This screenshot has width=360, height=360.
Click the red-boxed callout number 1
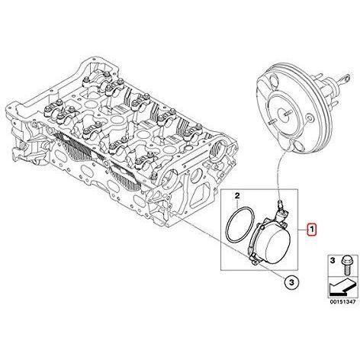point(311,230)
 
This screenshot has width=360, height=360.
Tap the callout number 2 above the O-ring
point(237,196)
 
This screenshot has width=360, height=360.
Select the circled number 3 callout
point(291,281)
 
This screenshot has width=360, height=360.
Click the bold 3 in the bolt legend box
point(333,260)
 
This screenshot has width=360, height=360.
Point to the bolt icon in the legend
point(346,265)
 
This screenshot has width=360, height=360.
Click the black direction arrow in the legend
point(342,287)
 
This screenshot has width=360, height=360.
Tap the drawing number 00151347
point(342,302)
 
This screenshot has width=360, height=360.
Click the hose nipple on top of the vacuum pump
point(280,203)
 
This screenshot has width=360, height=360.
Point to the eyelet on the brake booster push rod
point(347,78)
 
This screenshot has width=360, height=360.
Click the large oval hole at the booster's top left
point(273,82)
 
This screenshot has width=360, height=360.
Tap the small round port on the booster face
point(310,118)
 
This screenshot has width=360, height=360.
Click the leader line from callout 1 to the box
point(303,230)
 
